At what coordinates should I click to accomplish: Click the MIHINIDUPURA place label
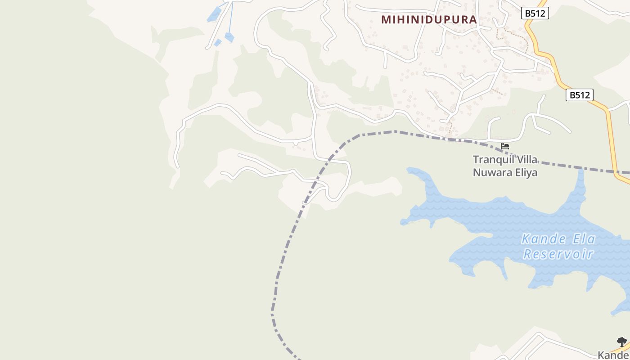point(429,20)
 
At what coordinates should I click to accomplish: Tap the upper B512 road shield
point(535,13)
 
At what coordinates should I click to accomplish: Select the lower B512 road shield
point(579,95)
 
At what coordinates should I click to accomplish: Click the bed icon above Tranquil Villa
point(505,146)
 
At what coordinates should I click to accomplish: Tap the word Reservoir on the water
point(558,254)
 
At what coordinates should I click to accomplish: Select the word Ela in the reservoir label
point(580,239)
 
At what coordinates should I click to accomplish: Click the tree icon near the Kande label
point(621,342)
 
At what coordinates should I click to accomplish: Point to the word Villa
point(526,160)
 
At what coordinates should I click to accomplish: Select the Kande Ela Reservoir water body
point(495,225)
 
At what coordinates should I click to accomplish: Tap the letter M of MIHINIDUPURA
point(386,20)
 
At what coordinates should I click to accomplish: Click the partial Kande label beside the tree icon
point(613,355)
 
